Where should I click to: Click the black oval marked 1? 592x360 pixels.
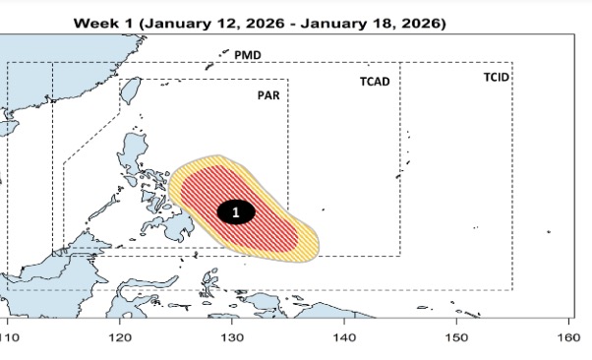[235, 211]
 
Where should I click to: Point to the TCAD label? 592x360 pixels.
[374, 82]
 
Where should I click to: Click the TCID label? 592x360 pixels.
[497, 77]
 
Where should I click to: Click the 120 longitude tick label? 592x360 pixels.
[120, 337]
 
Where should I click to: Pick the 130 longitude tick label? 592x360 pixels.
[232, 337]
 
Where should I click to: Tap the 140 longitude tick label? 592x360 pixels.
[344, 337]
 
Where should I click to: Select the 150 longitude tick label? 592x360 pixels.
[456, 337]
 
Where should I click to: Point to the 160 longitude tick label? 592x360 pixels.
[568, 337]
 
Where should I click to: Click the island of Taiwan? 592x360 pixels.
[127, 90]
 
